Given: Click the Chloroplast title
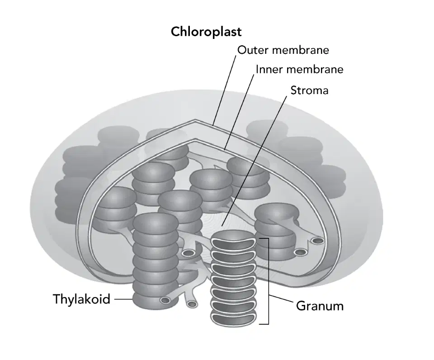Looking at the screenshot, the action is [206, 32].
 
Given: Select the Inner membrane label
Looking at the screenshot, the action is [299, 69].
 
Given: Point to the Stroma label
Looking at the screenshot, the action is [309, 90].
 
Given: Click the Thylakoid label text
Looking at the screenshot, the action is [82, 299].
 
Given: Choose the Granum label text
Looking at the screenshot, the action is [320, 306].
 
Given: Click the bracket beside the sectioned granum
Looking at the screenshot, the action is [268, 281].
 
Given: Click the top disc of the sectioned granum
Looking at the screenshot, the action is [233, 239].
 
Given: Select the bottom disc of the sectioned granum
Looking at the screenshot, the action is [233, 318].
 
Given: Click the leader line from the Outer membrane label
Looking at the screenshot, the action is [225, 90].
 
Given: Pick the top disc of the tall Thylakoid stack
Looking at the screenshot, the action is [155, 224].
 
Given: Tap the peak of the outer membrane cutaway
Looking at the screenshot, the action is [195, 120].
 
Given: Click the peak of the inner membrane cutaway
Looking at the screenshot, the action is [196, 139].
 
